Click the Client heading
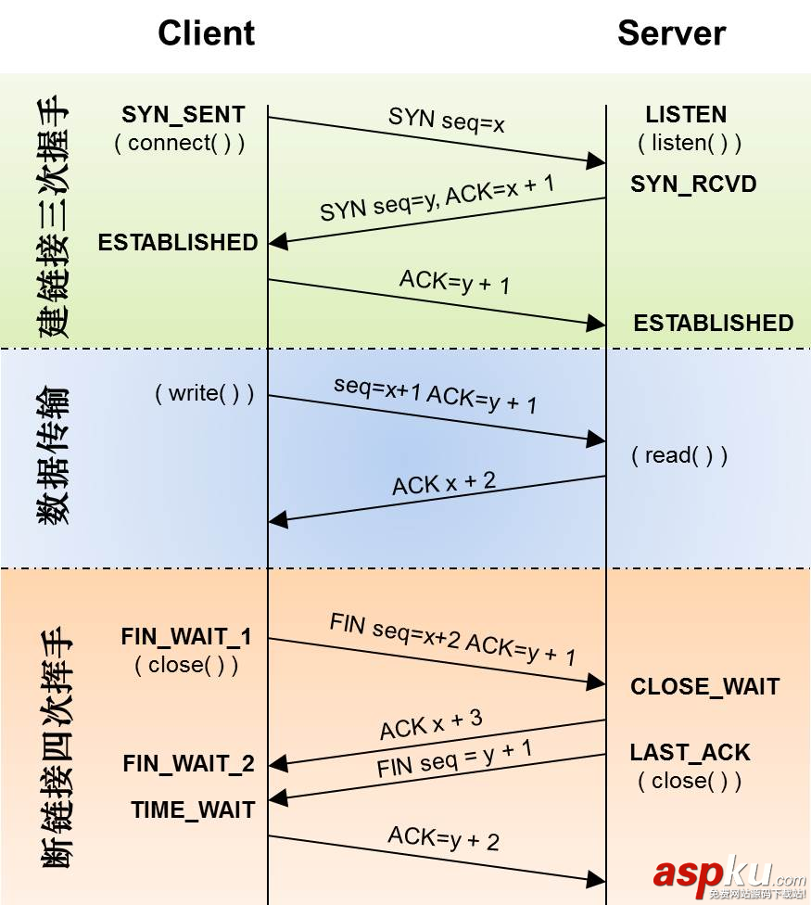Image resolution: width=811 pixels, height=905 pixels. tap(206, 33)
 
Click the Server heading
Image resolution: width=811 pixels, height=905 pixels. tap(671, 33)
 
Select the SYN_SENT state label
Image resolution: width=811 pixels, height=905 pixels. tap(184, 115)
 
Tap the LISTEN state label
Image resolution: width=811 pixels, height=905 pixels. tap(686, 115)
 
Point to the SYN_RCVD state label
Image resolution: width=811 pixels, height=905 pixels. tap(693, 184)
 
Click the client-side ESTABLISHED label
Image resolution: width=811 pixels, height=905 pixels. tap(178, 243)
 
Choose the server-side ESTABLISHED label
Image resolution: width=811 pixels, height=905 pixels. tap(713, 323)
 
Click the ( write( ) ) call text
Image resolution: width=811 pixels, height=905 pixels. tap(204, 393)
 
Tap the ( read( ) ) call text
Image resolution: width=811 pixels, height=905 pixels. tap(679, 455)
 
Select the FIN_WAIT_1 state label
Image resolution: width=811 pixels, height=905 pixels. tap(186, 638)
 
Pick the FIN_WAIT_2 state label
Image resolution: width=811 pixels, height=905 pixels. tap(188, 764)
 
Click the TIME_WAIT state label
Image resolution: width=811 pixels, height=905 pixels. tap(193, 809)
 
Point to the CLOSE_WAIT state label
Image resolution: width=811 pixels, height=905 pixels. tap(704, 687)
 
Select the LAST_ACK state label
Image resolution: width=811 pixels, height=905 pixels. tap(690, 752)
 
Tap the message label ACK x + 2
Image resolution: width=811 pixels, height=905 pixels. tap(444, 482)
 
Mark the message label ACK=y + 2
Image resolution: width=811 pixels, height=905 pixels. tap(443, 838)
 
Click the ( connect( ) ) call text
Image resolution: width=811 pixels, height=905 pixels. tap(180, 144)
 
